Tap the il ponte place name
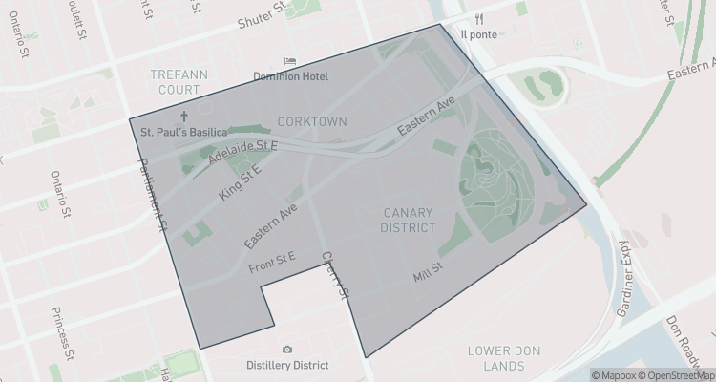click(x=478, y=34)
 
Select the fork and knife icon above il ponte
click(x=478, y=19)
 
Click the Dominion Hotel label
click(x=290, y=76)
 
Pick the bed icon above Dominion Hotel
click(x=290, y=61)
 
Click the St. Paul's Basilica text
click(x=183, y=131)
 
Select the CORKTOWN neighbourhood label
click(x=311, y=121)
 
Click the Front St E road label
click(x=272, y=257)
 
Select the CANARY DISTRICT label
click(x=409, y=220)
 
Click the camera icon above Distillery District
click(x=287, y=350)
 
